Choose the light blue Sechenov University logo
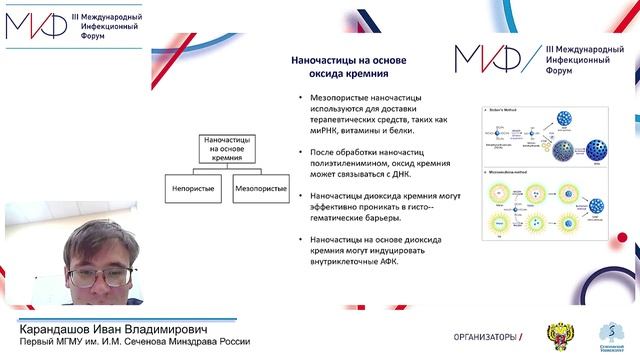(x=609, y=335)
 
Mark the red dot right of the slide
(x=621, y=236)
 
